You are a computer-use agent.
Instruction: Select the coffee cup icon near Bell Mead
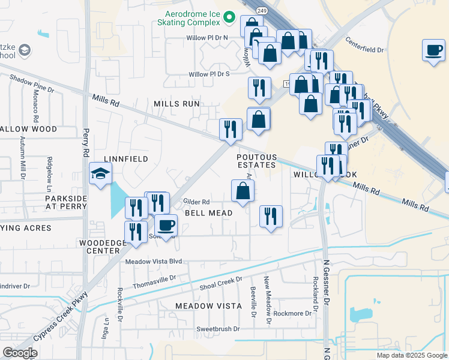coord(166,226)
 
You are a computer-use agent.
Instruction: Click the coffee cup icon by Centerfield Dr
coord(433,50)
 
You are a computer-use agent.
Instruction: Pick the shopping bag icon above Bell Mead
coord(243,191)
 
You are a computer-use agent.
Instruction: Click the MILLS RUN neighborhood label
coord(176,104)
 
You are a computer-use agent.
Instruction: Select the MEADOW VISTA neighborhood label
coord(208,306)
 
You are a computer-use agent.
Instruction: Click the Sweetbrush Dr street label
coord(218,329)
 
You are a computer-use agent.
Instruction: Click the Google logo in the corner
coord(20,353)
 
